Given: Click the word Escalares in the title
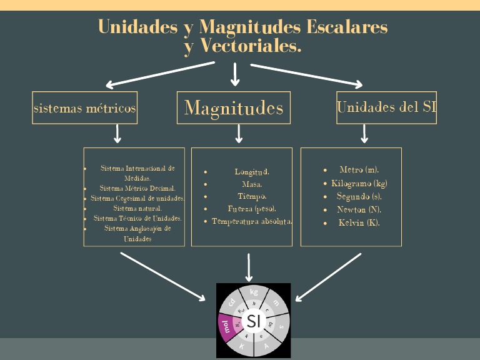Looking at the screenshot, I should click(x=347, y=27).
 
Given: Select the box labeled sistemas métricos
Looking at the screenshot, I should click(x=85, y=107).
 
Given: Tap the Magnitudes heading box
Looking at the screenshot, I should click(x=234, y=107).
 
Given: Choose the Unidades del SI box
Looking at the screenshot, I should click(x=386, y=107).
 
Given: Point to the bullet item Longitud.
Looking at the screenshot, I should click(x=252, y=171).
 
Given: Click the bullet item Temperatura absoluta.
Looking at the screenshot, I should click(x=252, y=221).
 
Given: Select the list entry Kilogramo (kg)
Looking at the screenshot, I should click(x=359, y=183).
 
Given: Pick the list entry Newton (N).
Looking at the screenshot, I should click(x=359, y=209).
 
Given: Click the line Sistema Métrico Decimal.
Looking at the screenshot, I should click(x=137, y=187).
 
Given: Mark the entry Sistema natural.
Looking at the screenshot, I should click(x=137, y=207).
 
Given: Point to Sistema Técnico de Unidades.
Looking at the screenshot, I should click(x=137, y=218).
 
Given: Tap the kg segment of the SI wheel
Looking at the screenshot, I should click(x=254, y=292).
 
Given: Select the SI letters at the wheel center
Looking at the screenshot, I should click(x=253, y=321).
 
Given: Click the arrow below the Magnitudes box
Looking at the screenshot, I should click(x=239, y=133).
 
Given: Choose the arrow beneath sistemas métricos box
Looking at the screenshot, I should click(x=117, y=133).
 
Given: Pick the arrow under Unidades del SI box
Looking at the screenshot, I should click(x=364, y=133).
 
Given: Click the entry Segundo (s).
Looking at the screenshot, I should click(x=359, y=196).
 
